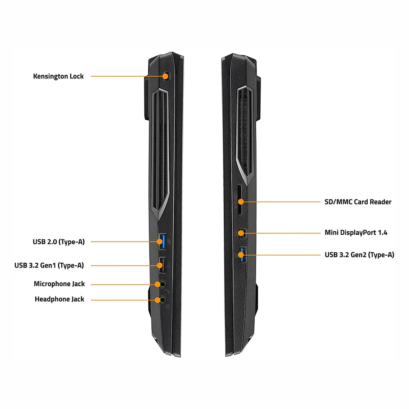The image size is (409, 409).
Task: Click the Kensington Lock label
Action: [x=58, y=76]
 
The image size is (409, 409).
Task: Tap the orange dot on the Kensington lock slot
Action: [x=165, y=76]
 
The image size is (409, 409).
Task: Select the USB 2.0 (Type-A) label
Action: [x=59, y=242]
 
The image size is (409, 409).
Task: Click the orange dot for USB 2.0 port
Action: [x=159, y=242]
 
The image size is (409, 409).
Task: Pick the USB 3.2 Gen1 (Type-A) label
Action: [x=49, y=265]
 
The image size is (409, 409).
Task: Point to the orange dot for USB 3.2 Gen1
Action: [x=159, y=265]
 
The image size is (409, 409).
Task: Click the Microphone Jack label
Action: [x=59, y=284]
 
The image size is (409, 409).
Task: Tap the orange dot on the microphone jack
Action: [x=157, y=284]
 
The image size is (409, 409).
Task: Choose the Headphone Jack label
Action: [x=60, y=299]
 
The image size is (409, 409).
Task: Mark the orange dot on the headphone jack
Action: [x=157, y=300]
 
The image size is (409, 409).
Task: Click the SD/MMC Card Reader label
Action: [x=358, y=202]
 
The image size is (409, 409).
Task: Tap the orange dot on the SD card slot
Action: [x=241, y=202]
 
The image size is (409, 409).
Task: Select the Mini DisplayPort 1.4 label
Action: [x=356, y=233]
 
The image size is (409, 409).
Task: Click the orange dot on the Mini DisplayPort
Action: [x=241, y=233]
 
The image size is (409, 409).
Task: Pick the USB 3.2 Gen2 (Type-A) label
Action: [x=359, y=255]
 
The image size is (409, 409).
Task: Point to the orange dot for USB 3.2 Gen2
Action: [x=241, y=255]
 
